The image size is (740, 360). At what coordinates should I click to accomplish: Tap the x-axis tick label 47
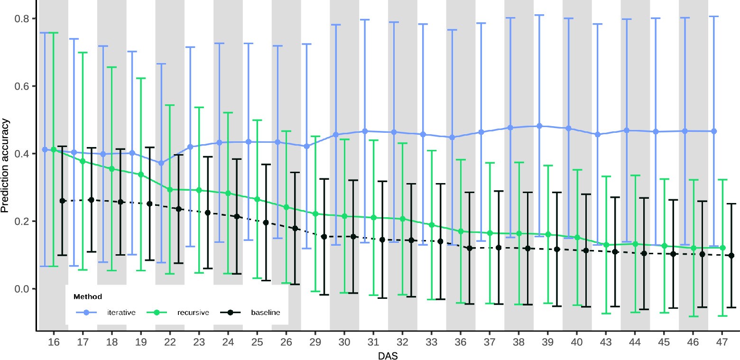[722, 341]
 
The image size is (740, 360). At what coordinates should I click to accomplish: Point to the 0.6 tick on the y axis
[23, 86]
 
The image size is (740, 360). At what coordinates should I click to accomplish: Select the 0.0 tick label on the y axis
[23, 289]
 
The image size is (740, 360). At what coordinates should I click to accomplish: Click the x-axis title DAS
[388, 355]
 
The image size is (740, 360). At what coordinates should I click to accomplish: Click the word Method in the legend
[88, 297]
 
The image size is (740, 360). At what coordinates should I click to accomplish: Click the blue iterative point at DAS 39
[539, 126]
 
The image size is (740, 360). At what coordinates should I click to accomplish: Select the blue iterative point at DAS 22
[161, 163]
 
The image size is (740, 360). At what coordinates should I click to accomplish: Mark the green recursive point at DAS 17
[83, 161]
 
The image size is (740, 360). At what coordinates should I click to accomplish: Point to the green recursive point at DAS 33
[432, 225]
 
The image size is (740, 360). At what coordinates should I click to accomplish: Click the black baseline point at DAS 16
[62, 201]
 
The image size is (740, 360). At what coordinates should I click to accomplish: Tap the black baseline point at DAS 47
[731, 256]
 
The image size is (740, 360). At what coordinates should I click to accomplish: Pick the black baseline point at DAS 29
[324, 236]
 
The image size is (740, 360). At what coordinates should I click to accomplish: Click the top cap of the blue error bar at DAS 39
[539, 15]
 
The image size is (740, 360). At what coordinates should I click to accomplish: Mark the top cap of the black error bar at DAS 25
[266, 165]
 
